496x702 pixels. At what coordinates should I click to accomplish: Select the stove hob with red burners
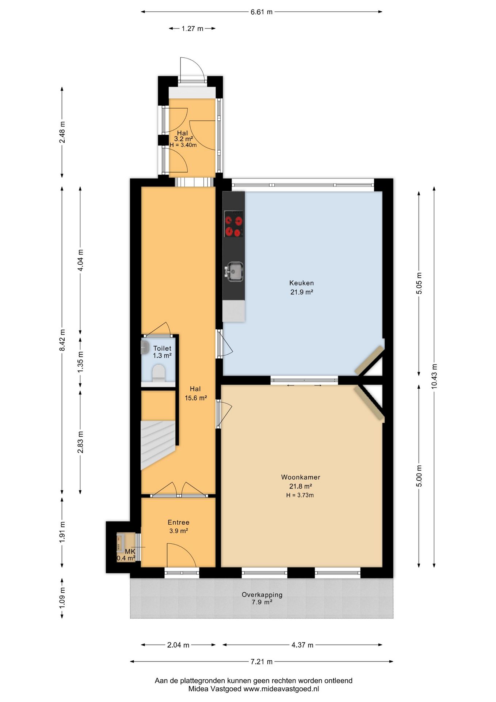click(x=234, y=224)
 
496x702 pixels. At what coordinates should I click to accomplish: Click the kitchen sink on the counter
click(x=235, y=272)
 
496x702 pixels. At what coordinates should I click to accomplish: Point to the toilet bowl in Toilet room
click(x=159, y=373)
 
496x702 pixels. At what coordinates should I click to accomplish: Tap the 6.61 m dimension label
click(x=261, y=12)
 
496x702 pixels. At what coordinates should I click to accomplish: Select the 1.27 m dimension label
click(x=192, y=29)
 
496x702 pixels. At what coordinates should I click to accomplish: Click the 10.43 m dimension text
click(x=434, y=376)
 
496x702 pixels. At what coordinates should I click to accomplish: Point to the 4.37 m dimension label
click(x=302, y=645)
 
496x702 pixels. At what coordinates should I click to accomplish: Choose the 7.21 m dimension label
click(x=261, y=661)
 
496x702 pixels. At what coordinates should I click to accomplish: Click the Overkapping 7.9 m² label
click(x=262, y=598)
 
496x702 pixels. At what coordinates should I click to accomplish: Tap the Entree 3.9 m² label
click(x=178, y=526)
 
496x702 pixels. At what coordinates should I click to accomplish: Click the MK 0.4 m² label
click(x=126, y=555)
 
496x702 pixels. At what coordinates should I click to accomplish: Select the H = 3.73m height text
click(x=300, y=495)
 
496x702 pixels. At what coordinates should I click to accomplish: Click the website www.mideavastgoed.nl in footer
click(x=281, y=689)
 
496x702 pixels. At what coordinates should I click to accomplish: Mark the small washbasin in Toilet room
click(x=145, y=347)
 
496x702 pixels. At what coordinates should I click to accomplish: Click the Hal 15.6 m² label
click(x=195, y=393)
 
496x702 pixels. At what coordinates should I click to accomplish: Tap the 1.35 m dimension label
click(x=80, y=362)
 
